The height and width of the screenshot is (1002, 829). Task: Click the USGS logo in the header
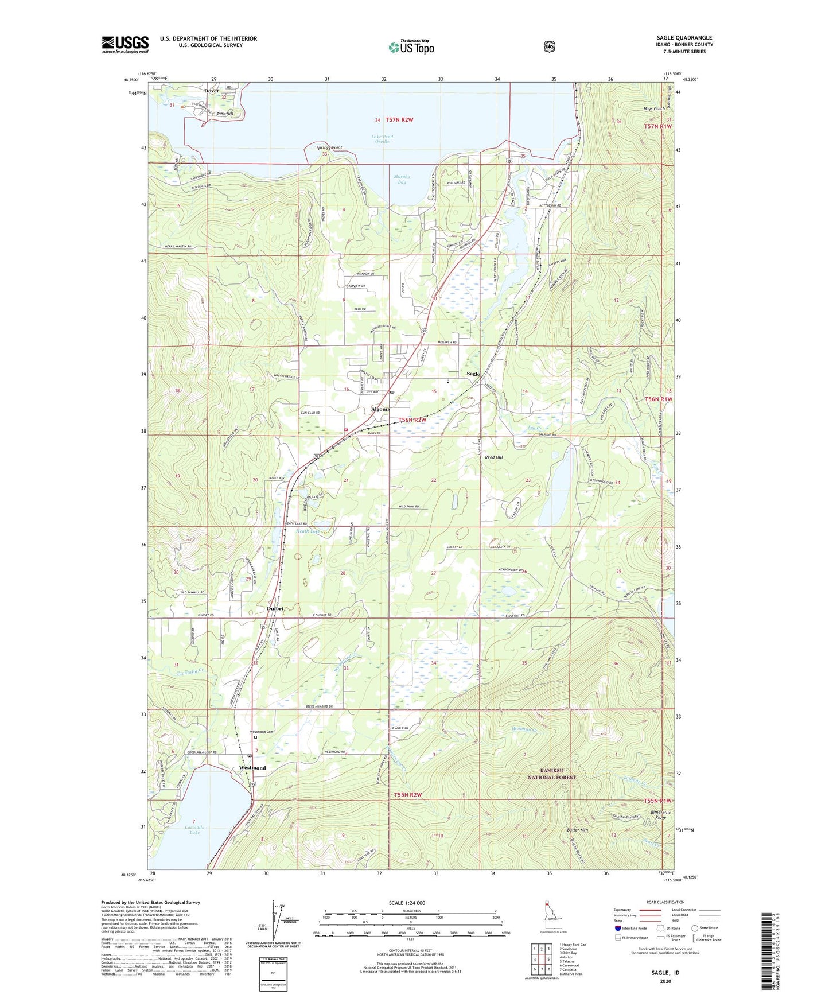tap(125, 44)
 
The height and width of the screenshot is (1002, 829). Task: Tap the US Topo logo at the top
tap(411, 47)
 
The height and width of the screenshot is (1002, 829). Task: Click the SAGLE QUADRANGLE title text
tap(684, 38)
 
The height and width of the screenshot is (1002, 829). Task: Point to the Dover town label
tap(212, 91)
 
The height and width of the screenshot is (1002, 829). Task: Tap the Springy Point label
tap(329, 147)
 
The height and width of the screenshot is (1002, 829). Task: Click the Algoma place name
tap(380, 409)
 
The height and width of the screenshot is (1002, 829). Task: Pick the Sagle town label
tap(473, 374)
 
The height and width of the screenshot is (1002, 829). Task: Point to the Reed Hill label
tap(493, 457)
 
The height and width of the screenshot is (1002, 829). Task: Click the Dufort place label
tap(275, 608)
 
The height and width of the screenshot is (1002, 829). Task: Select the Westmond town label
tap(252, 768)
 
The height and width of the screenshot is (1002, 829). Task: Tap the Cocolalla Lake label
tap(195, 829)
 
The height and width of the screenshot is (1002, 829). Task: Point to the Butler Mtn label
tap(577, 830)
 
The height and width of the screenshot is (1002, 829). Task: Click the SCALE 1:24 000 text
tap(407, 903)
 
